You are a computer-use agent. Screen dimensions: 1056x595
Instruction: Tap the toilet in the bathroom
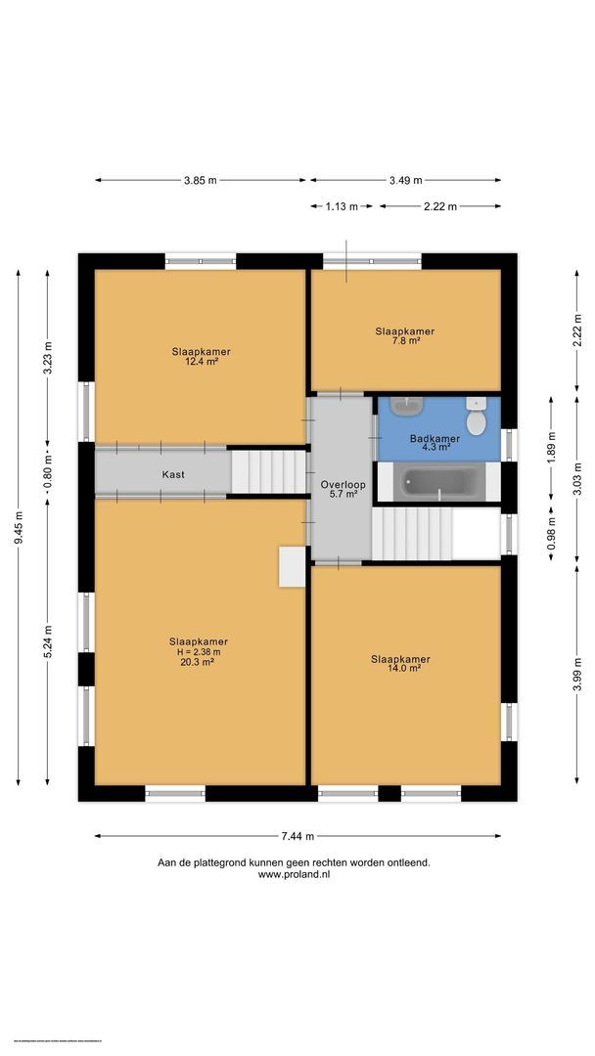coord(476,418)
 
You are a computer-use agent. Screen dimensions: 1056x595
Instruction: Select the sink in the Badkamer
coord(404,405)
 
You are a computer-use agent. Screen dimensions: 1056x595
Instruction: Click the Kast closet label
coord(173,474)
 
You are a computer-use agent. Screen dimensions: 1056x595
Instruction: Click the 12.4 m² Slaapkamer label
coord(201,356)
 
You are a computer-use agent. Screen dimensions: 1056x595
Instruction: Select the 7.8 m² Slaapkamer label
coord(404,336)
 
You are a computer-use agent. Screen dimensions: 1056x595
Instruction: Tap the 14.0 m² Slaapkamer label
coord(400,663)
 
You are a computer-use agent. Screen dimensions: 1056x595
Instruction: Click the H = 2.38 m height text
coord(199,652)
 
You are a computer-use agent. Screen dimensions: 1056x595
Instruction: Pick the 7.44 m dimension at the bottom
coord(297,836)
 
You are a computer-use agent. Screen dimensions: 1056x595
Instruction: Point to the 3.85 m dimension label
coord(200,180)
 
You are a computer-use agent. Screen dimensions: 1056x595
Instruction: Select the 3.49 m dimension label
coord(404,180)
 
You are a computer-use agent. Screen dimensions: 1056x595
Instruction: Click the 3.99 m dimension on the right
coord(577,674)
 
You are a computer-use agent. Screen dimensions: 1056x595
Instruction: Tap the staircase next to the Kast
coord(269,471)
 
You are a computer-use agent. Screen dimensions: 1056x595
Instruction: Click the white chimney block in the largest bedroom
coord(292,566)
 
